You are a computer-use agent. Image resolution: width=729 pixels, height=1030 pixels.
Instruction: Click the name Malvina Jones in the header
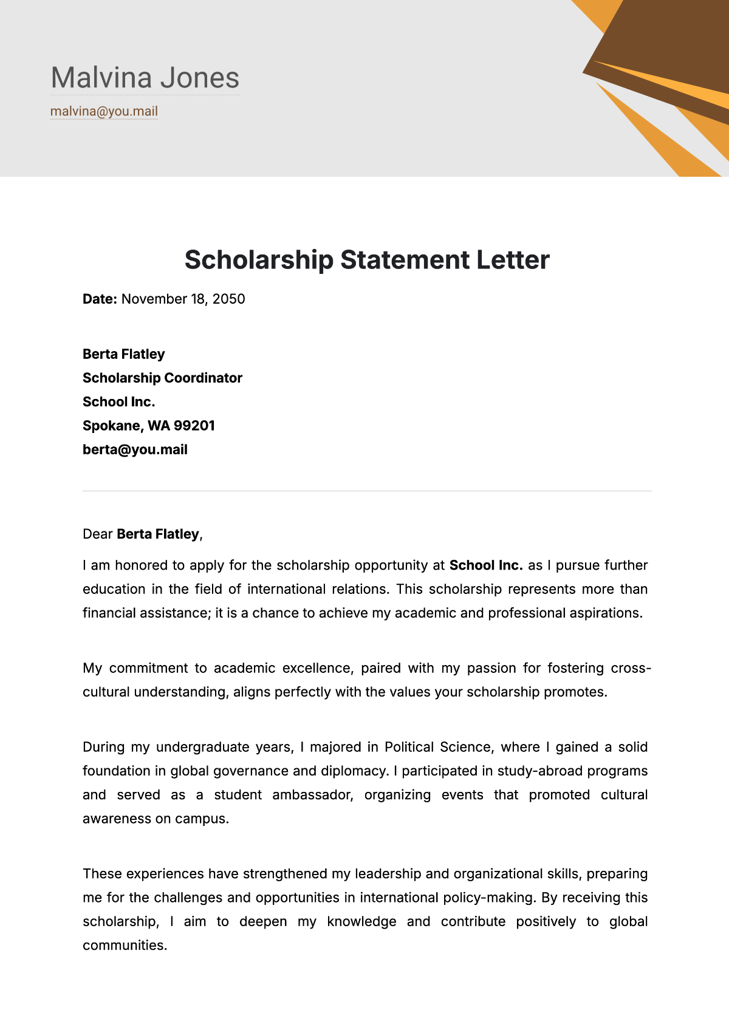coord(145,78)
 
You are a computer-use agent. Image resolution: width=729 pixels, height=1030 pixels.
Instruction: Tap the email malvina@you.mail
coord(104,111)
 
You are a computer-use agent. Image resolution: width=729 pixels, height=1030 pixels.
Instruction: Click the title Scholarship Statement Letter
coord(367,260)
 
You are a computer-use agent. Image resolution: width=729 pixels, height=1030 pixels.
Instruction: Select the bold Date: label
coord(100,299)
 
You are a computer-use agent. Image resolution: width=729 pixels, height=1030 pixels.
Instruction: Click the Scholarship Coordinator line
coord(162,378)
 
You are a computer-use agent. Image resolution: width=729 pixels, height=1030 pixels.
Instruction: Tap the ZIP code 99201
coord(194,426)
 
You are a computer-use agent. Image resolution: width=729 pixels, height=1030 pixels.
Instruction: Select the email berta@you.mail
coord(135,450)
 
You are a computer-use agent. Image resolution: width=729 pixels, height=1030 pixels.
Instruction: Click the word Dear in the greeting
coord(98,534)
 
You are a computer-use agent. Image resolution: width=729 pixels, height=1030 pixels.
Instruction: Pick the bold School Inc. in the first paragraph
coord(486,565)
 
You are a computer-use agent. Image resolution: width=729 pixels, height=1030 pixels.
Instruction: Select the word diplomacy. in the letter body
coord(355,771)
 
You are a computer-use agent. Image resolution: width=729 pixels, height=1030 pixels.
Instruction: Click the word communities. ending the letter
coord(125,946)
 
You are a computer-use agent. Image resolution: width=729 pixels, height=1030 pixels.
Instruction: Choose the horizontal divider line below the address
coord(367,491)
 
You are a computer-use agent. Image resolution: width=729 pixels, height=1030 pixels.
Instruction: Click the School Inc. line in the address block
coord(119,402)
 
